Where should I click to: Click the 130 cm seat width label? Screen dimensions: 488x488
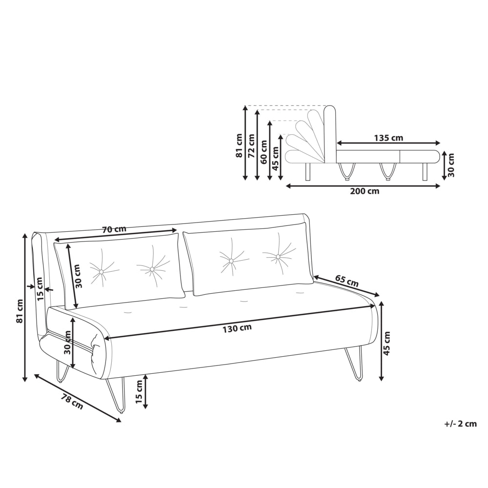237,328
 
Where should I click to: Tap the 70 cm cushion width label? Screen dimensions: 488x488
114,229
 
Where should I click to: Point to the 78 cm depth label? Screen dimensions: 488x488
72,402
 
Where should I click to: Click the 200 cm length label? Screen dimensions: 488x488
365,191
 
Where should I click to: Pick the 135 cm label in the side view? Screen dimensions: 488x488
388,138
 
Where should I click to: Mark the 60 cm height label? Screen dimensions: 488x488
264,152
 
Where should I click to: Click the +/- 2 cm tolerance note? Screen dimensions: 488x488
461,424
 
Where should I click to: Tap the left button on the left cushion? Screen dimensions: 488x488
101,272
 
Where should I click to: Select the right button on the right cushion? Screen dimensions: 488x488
278,257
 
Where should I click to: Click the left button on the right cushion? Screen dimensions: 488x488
231,260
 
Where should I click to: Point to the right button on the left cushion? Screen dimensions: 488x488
152,269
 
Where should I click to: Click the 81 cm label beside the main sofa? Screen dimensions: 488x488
20,310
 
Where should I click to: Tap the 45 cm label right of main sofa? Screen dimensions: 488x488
387,343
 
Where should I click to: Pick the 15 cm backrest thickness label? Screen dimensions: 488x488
40,289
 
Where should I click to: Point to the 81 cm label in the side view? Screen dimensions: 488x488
239,145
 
